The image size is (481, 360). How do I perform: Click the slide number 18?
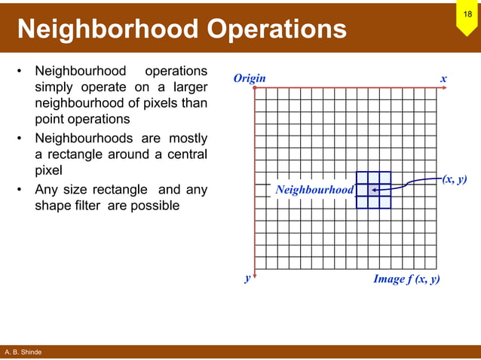467,14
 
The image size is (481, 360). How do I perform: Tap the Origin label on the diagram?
249,78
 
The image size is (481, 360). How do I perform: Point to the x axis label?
444,78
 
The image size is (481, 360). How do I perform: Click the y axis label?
247,278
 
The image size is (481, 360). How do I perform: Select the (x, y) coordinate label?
455,179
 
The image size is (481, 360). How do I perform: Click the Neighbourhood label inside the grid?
314,190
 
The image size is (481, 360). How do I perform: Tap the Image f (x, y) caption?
406,279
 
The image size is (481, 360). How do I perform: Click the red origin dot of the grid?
256,88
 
